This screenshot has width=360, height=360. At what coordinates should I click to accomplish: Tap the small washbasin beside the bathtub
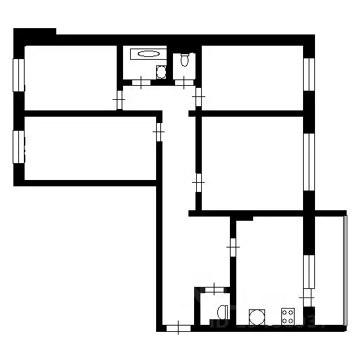(x=161, y=71)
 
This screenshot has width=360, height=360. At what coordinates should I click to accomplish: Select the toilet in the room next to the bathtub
(x=185, y=60)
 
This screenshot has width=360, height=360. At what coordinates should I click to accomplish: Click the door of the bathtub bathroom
(x=141, y=83)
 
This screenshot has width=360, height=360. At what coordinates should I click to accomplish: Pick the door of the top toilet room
(x=184, y=83)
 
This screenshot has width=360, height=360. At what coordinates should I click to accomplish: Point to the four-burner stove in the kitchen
(x=287, y=314)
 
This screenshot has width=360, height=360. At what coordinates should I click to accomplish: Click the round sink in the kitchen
(x=256, y=315)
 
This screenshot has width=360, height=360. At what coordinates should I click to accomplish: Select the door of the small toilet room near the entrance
(x=212, y=288)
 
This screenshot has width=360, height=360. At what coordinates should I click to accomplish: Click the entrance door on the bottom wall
(x=180, y=326)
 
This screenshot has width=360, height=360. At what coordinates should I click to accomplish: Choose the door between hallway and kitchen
(x=233, y=247)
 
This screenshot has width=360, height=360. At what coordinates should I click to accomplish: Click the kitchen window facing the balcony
(x=307, y=271)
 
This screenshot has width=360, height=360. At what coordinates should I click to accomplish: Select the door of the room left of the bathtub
(x=119, y=99)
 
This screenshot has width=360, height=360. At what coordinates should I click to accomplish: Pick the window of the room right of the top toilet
(x=309, y=74)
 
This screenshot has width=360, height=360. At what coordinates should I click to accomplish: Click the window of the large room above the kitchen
(x=309, y=160)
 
